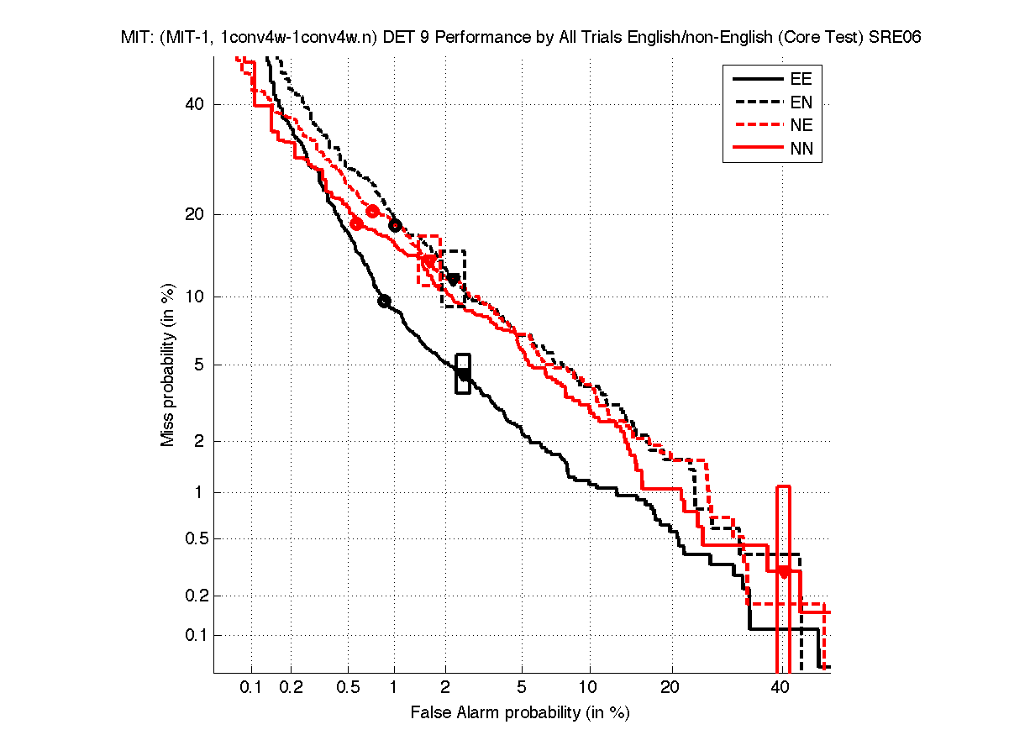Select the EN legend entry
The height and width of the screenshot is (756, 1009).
[x=800, y=102]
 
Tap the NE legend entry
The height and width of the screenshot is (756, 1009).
[x=800, y=126]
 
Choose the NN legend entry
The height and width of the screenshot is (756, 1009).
[x=800, y=150]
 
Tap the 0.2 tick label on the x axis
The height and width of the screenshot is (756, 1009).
[x=291, y=687]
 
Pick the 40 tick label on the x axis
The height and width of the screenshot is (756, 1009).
[x=780, y=687]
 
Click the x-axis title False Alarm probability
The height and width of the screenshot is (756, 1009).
[x=520, y=713]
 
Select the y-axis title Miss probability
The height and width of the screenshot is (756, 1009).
[x=168, y=364]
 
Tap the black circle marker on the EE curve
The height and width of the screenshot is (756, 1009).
[x=385, y=302]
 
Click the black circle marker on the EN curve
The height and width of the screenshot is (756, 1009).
[x=395, y=225]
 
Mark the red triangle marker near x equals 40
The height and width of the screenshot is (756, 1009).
[x=783, y=572]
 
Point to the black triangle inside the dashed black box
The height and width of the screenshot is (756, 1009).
[x=454, y=279]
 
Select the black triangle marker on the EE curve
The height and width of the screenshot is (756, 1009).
[x=463, y=374]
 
